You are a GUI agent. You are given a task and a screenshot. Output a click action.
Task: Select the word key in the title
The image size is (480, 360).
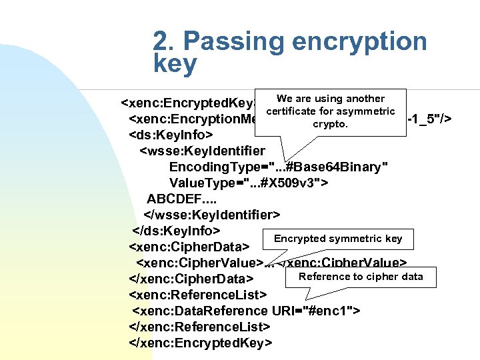pyautogui.click(x=175, y=64)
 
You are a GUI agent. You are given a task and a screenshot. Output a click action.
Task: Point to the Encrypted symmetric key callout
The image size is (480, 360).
pyautogui.click(x=338, y=239)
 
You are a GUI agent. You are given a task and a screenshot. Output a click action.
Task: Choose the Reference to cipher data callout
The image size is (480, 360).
pyautogui.click(x=361, y=277)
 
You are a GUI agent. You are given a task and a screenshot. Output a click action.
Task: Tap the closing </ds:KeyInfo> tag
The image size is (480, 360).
pyautogui.click(x=177, y=231)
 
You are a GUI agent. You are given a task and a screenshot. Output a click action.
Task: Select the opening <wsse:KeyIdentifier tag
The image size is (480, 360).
pyautogui.click(x=201, y=151)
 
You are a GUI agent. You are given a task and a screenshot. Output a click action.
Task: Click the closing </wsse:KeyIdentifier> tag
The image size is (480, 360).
pyautogui.click(x=212, y=215)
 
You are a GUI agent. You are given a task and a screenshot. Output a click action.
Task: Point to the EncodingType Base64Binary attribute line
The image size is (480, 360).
pyautogui.click(x=279, y=167)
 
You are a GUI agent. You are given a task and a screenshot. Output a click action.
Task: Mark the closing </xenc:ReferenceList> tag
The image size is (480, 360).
pyautogui.click(x=200, y=327)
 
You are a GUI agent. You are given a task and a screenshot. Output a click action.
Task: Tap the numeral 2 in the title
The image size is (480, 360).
pyautogui.click(x=161, y=41)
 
